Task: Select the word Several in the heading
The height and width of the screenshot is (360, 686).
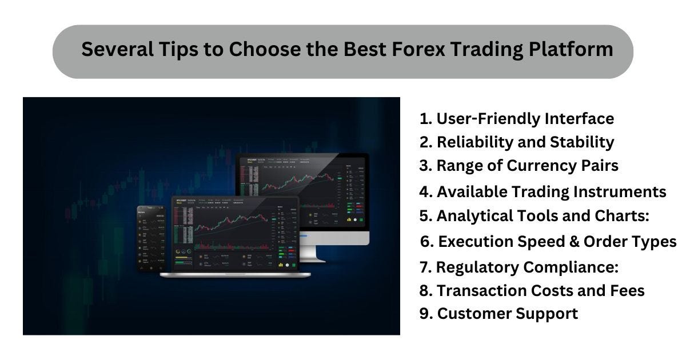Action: click(117, 50)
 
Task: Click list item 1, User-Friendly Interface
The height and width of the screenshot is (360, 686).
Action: click(517, 119)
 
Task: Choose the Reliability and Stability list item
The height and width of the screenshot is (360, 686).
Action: click(517, 142)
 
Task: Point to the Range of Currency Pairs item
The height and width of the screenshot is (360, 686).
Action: click(519, 166)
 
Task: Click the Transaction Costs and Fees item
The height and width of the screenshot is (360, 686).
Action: click(532, 291)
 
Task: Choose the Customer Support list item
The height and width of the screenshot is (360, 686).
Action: click(499, 314)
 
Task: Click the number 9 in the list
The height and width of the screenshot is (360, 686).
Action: click(424, 314)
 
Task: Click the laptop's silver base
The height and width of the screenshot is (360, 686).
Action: click(235, 275)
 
